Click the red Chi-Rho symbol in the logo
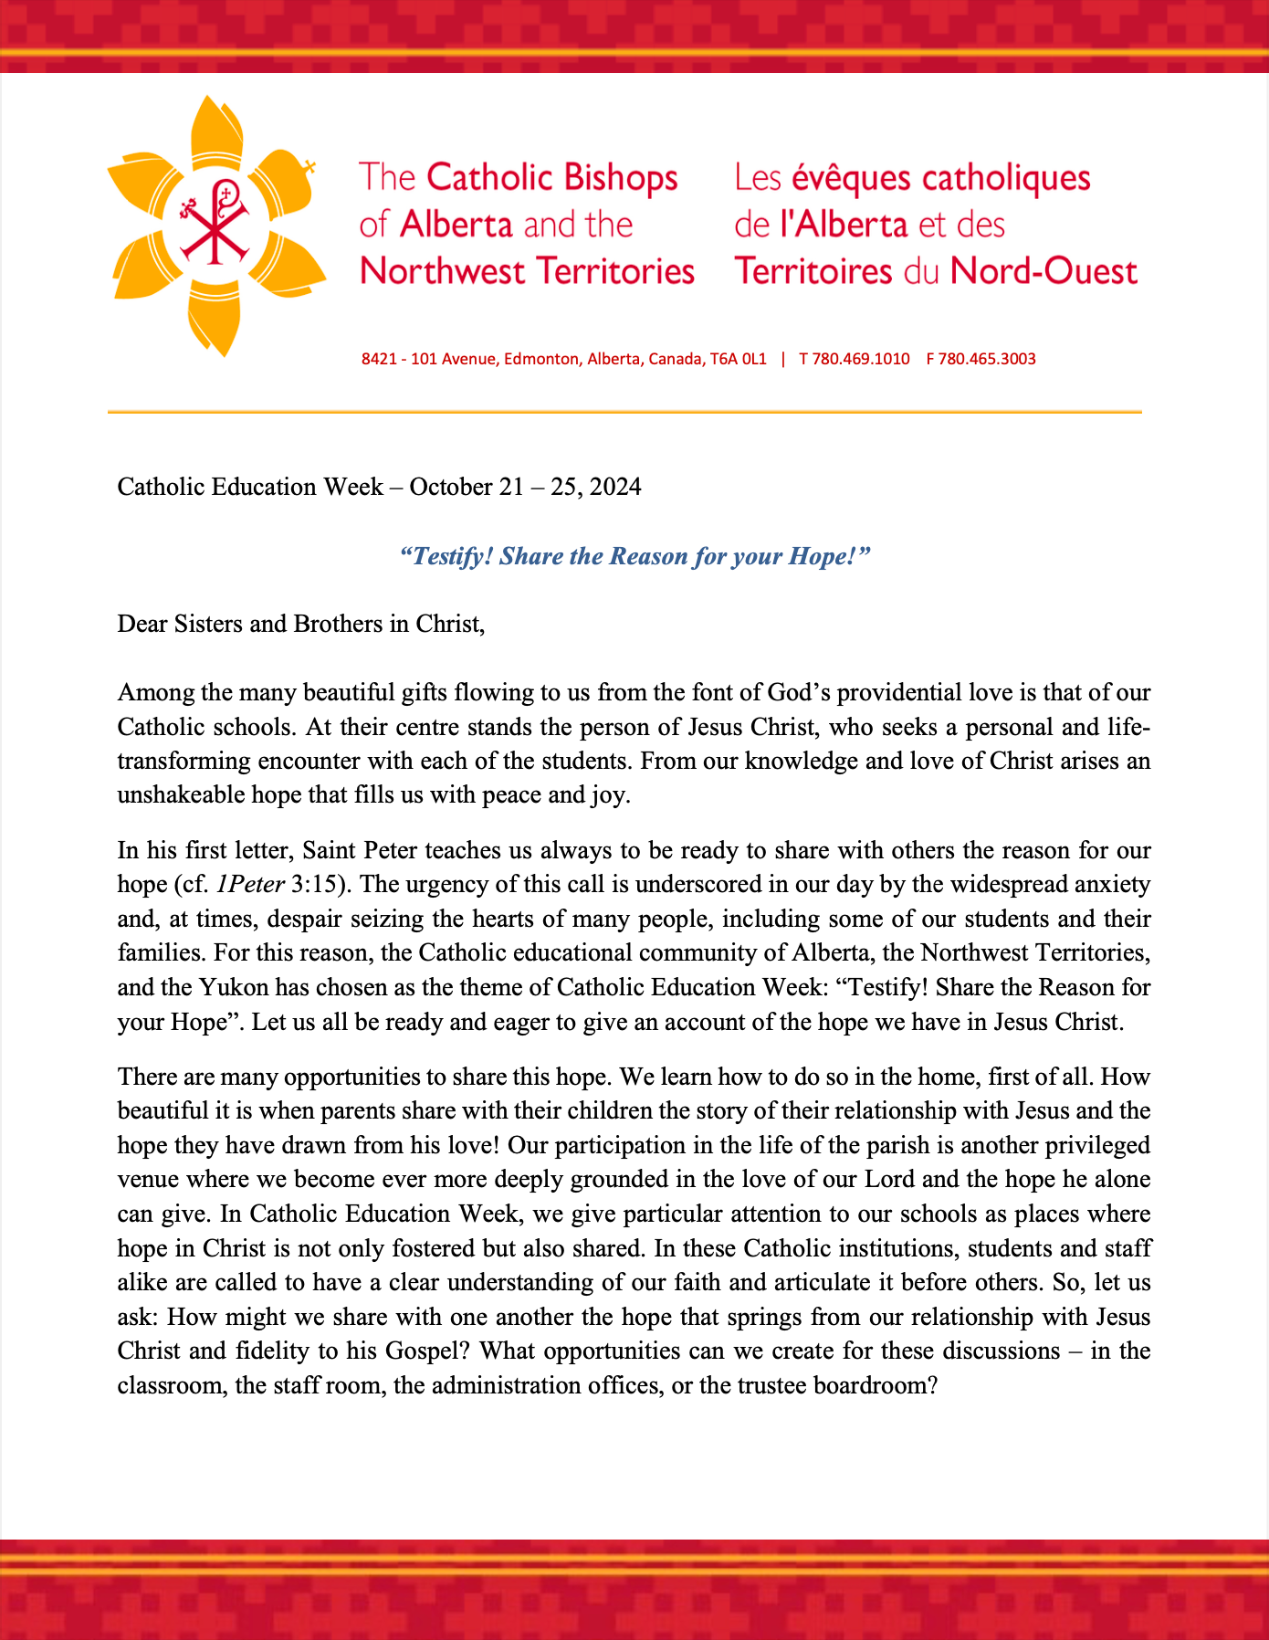click(x=217, y=223)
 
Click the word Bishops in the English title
click(x=618, y=178)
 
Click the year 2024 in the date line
click(x=615, y=487)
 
